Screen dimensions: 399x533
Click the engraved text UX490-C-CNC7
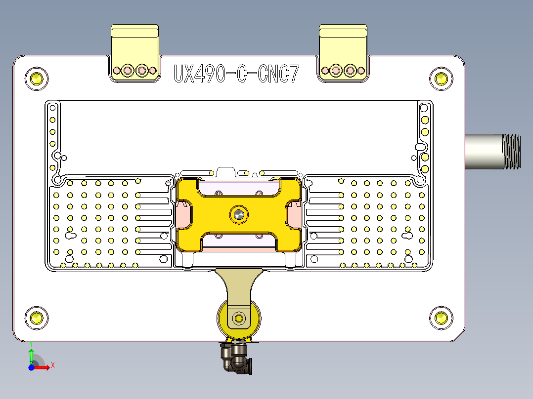click(236, 74)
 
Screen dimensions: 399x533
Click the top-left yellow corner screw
click(37, 78)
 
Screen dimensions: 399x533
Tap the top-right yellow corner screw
click(441, 78)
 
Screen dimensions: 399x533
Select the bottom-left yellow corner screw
click(37, 317)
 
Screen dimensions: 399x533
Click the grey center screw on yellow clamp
click(239, 214)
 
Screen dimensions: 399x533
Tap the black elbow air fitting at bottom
click(235, 359)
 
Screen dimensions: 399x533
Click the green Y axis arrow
click(31, 355)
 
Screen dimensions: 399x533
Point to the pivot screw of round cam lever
click(239, 318)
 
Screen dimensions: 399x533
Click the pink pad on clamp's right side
click(295, 215)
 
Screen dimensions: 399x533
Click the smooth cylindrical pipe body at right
click(484, 151)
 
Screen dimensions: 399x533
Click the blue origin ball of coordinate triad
click(31, 367)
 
